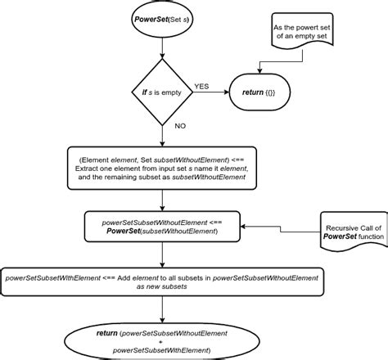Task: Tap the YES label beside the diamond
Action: point(201,86)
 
